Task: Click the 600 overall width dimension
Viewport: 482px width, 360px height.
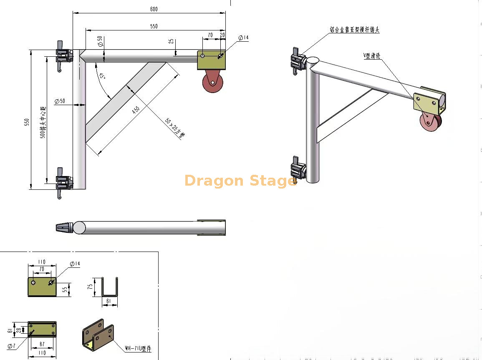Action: (x=154, y=9)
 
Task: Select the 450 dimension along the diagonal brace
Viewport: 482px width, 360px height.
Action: (x=136, y=110)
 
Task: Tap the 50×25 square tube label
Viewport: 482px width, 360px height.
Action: (x=174, y=128)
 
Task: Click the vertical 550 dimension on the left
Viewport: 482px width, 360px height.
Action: (x=27, y=122)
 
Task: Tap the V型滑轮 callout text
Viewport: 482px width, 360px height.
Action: (x=373, y=56)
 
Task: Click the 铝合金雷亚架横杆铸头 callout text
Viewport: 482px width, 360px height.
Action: (x=354, y=30)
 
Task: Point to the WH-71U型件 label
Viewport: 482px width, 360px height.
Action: (x=138, y=349)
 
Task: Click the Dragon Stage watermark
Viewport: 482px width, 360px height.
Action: (x=240, y=181)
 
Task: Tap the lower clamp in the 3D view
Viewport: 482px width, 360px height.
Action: (x=298, y=170)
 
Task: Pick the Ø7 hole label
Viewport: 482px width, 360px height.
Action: (x=11, y=346)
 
